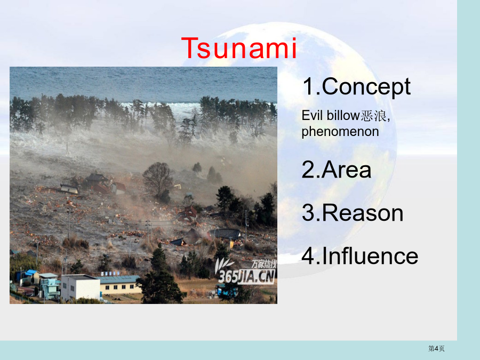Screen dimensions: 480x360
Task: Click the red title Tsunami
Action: point(239,48)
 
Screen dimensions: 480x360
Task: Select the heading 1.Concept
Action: point(357,87)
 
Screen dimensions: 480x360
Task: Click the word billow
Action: point(343,115)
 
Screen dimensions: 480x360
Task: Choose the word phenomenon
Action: point(340,132)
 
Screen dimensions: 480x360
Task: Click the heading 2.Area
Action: point(337,170)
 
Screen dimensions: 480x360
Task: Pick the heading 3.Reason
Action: point(353,213)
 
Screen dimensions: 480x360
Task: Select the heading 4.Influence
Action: point(360,256)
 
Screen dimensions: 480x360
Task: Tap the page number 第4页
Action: point(436,348)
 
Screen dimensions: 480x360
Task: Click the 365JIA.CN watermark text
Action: point(246,277)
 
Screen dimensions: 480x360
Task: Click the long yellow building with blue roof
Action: point(119,284)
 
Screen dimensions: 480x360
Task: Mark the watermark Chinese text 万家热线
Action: point(264,264)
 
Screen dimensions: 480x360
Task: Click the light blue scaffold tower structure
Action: point(49,288)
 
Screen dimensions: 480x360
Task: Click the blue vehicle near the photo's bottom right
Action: point(227,291)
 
